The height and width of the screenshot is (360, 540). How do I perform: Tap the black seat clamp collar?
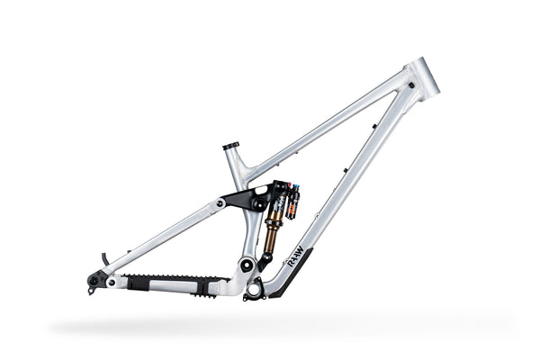click(230, 146)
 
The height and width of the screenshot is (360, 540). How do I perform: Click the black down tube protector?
click(292, 274)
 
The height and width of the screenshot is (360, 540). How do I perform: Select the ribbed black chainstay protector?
click(170, 282)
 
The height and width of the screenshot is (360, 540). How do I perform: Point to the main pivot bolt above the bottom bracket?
click(245, 265)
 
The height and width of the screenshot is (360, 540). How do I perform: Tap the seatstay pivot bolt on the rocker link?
click(220, 203)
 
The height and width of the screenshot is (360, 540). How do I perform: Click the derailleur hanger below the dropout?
click(92, 290)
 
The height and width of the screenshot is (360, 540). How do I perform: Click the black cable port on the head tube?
click(410, 85)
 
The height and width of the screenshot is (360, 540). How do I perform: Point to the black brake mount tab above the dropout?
click(104, 259)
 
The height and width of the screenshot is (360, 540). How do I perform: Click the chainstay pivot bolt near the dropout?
click(111, 282)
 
